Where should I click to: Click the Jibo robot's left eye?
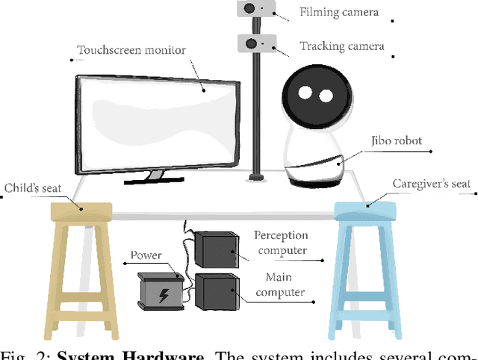point(306,93)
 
